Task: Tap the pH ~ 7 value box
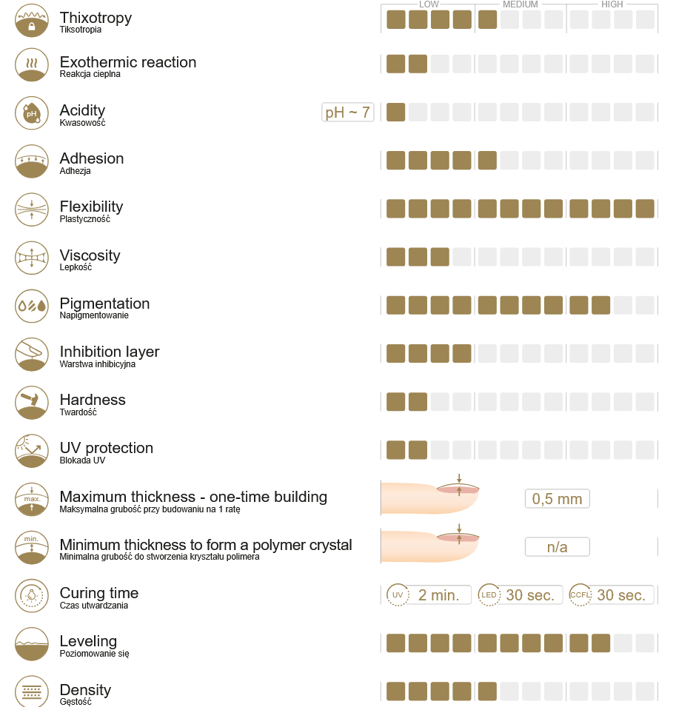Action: click(x=347, y=113)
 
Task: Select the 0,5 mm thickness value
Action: click(x=557, y=498)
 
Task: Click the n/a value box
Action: click(x=557, y=547)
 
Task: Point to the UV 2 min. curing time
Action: click(x=429, y=594)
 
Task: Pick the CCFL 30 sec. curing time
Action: click(x=612, y=594)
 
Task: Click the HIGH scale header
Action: click(x=612, y=4)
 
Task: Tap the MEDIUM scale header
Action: click(x=521, y=4)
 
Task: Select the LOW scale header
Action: click(x=429, y=4)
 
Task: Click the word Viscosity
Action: click(x=90, y=255)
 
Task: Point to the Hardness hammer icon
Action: click(x=31, y=402)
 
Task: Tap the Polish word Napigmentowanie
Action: click(x=94, y=315)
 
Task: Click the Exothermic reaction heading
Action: click(x=128, y=62)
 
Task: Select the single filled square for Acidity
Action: click(x=396, y=113)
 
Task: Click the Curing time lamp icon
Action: click(x=31, y=595)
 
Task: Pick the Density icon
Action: click(x=31, y=691)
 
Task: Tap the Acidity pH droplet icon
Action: click(x=31, y=113)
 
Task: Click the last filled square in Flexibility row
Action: click(x=645, y=209)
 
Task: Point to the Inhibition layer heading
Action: click(x=110, y=352)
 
